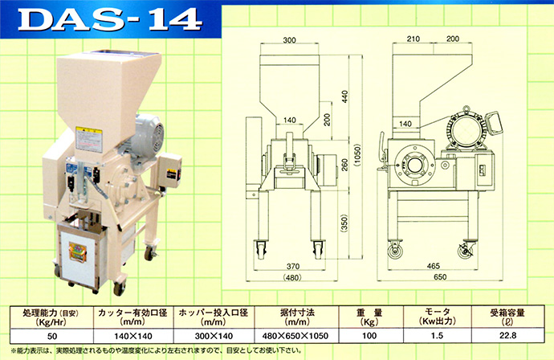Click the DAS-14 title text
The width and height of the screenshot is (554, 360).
point(110,19)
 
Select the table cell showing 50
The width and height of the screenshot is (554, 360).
point(52,336)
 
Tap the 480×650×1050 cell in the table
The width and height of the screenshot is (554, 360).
point(295,336)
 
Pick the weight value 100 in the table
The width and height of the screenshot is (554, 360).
point(369,336)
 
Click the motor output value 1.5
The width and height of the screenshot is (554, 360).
point(437,336)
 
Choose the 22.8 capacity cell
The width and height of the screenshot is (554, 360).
point(507,336)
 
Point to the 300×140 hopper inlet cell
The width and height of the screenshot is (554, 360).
point(214,336)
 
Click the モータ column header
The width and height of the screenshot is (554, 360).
point(437,317)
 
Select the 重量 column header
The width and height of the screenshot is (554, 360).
point(369,317)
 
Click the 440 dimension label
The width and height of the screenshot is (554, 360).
point(345,97)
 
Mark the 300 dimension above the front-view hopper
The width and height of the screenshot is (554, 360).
point(289,40)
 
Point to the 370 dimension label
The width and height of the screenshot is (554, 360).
point(293,266)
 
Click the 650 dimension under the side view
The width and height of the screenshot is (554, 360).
point(440,276)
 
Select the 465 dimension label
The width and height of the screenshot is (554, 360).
point(434,266)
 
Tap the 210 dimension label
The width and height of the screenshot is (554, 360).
point(413,39)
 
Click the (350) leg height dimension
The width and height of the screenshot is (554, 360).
point(344,223)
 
